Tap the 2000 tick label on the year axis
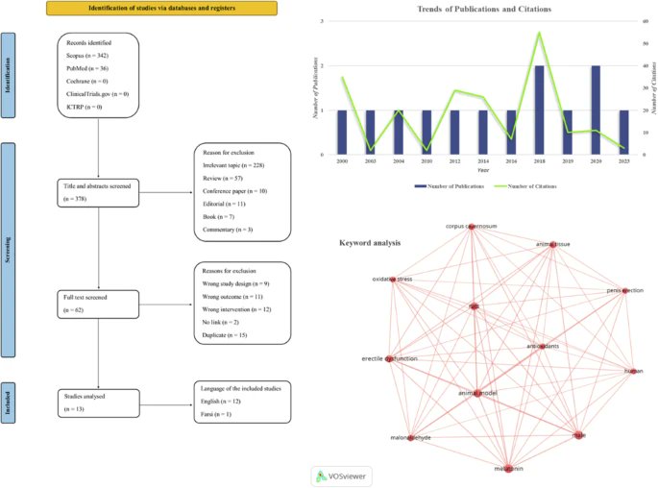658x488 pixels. tap(342, 163)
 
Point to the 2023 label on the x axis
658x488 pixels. tap(624, 163)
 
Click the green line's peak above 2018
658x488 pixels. tap(539, 33)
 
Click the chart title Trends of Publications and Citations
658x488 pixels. tap(484, 10)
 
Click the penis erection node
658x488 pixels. tap(625, 290)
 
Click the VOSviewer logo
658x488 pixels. tap(344, 475)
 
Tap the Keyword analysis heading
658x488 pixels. tap(370, 242)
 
